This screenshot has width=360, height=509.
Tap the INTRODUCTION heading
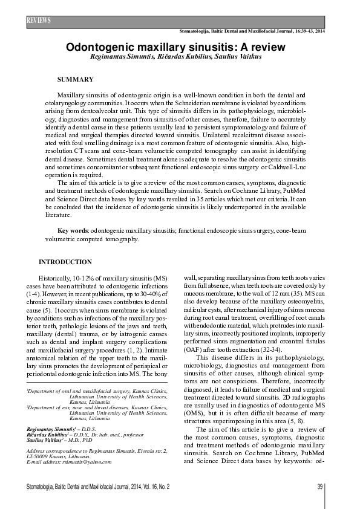[x=65, y=262]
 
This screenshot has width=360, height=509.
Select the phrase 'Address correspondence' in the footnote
[x=54, y=450]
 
